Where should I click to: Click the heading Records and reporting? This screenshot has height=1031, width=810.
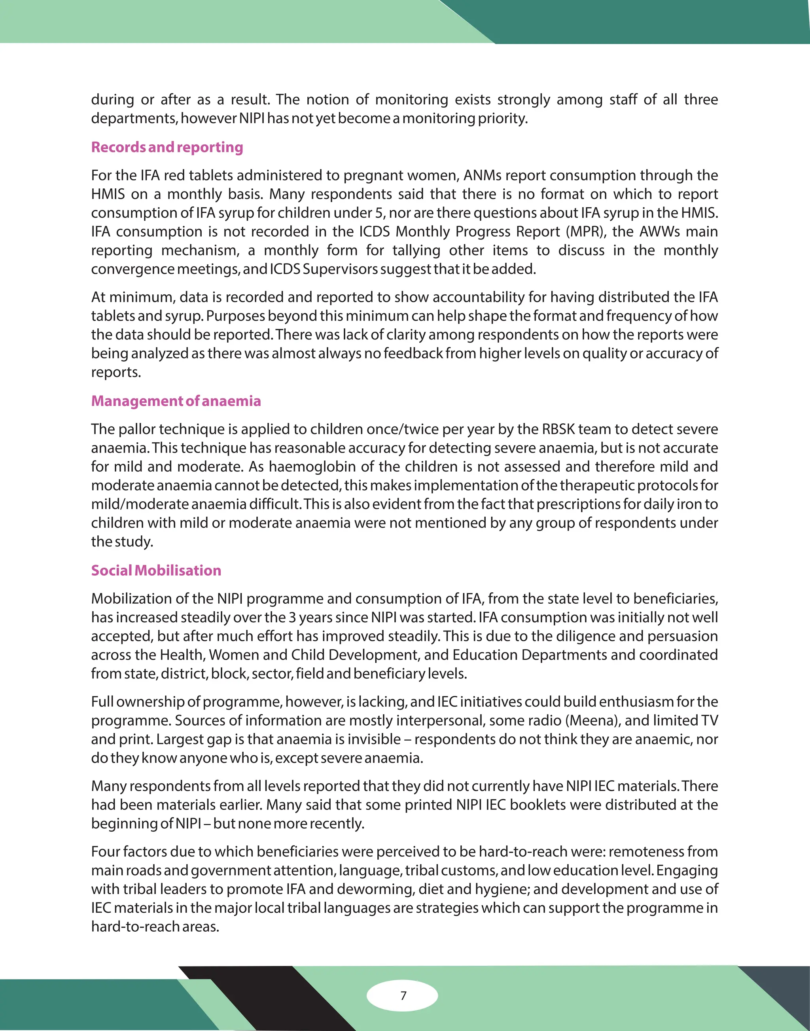click(x=167, y=147)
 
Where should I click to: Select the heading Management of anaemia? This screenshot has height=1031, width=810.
click(x=176, y=401)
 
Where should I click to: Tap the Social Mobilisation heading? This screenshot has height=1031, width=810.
click(x=156, y=570)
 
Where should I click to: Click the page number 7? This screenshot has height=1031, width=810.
click(x=403, y=995)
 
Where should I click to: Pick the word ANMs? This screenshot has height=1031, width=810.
click(x=482, y=176)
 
